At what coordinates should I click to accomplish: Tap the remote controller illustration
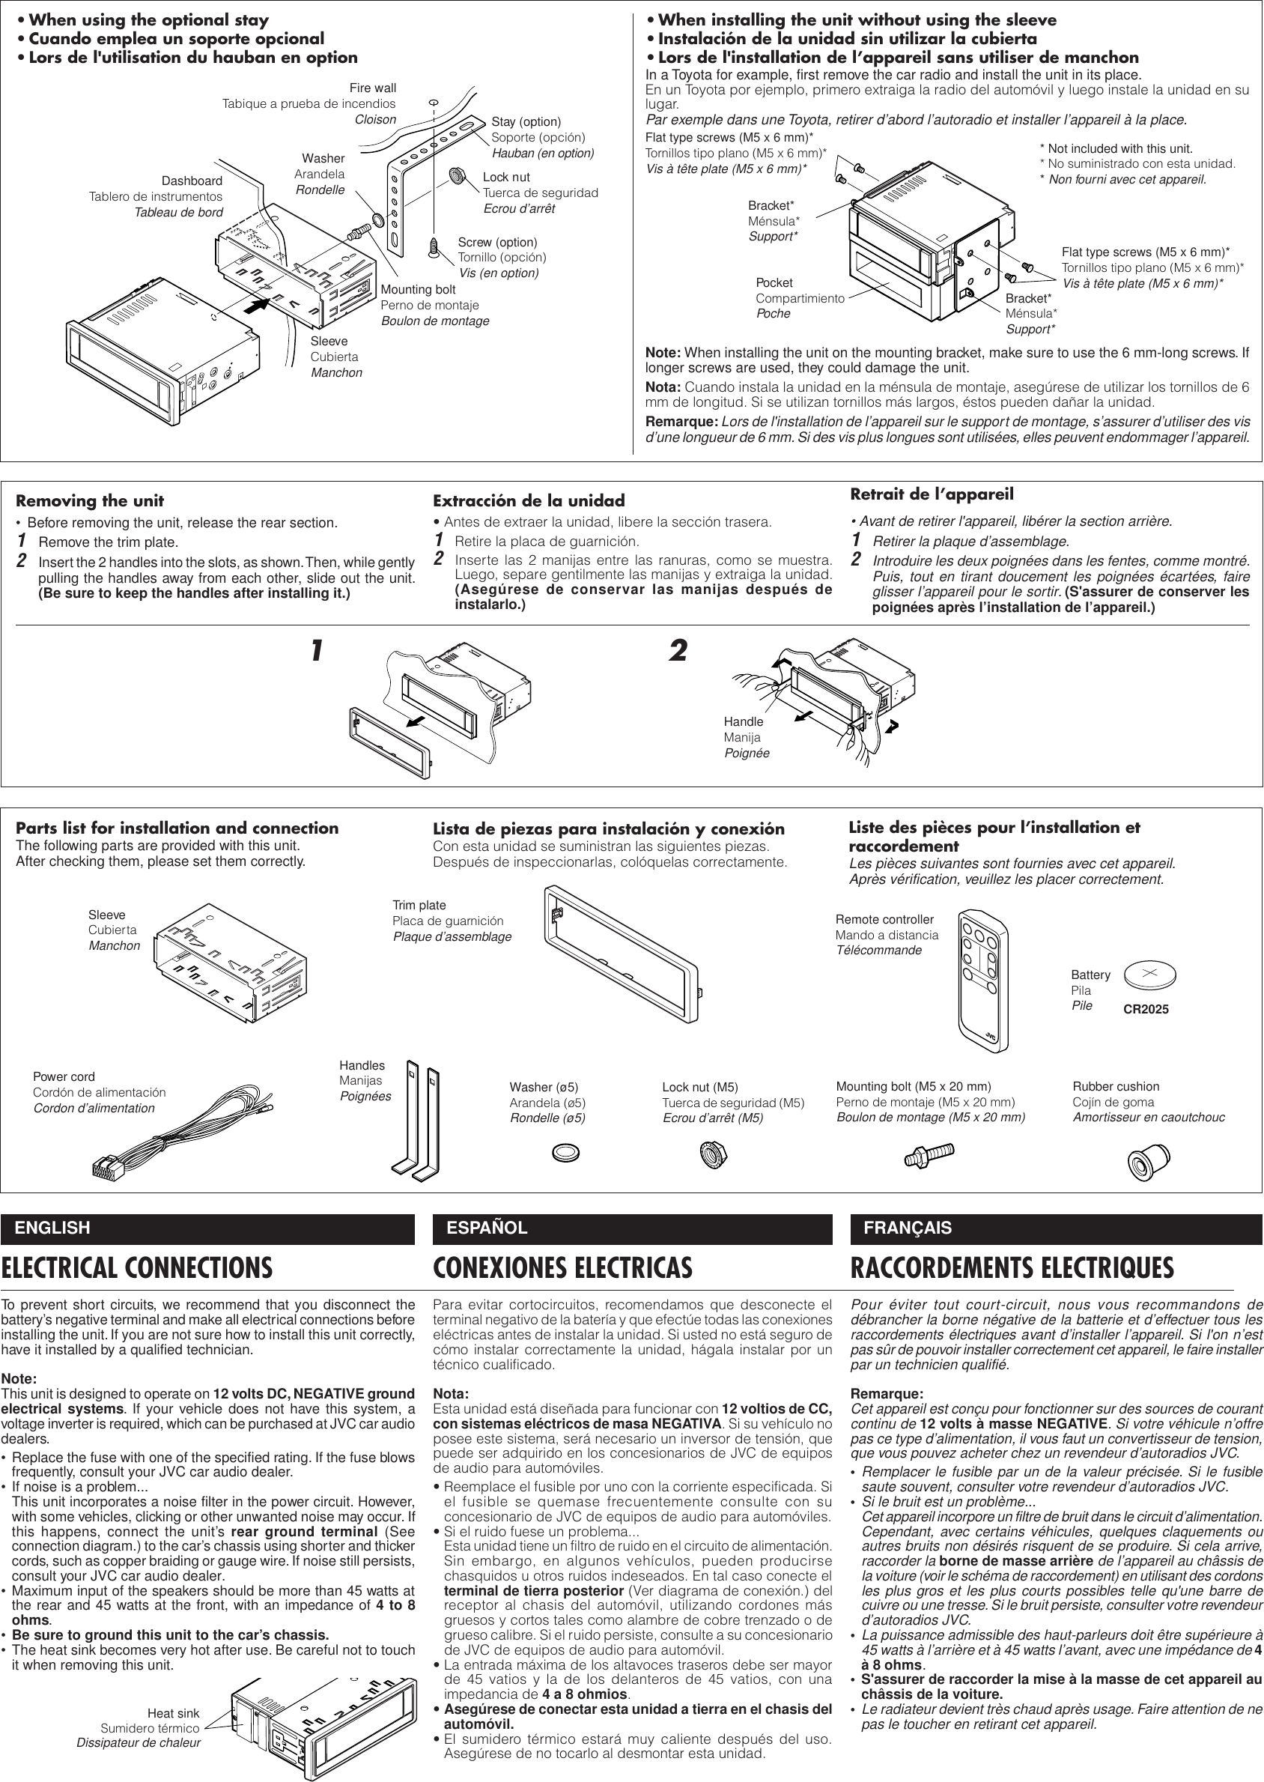[983, 978]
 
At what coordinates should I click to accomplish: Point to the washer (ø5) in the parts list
[566, 1151]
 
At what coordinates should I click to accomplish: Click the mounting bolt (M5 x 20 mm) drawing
[929, 1154]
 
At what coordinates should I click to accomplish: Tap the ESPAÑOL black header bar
[632, 1228]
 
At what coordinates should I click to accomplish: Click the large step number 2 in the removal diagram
[678, 651]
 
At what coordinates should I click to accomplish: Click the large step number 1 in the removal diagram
[316, 651]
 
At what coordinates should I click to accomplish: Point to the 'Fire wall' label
[373, 88]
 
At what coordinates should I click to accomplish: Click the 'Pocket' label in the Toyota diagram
[774, 282]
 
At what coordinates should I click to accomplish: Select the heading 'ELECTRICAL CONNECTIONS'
[137, 1268]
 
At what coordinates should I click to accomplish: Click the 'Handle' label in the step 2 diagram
[744, 721]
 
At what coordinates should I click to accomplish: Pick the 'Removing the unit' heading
[90, 500]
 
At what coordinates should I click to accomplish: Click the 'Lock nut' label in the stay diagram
[506, 178]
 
